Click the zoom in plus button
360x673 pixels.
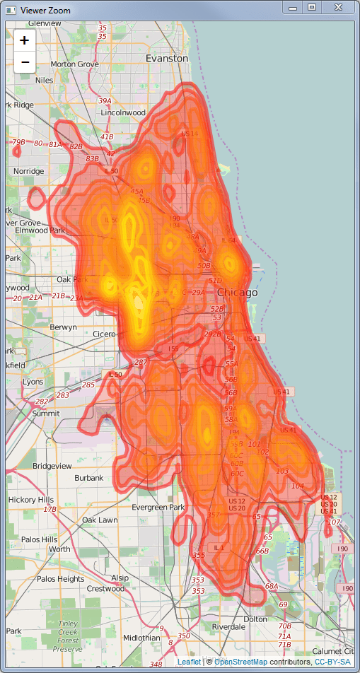(x=25, y=40)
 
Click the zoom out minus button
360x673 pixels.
(x=25, y=63)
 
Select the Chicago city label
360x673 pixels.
(x=238, y=292)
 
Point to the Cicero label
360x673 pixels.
(x=108, y=334)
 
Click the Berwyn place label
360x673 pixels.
(x=63, y=327)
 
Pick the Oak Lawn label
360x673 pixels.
(x=100, y=520)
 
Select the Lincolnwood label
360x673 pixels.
(x=123, y=112)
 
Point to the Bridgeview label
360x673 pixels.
(x=52, y=466)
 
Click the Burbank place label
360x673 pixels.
(x=88, y=478)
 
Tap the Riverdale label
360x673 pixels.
(x=228, y=626)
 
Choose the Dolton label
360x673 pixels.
(x=255, y=619)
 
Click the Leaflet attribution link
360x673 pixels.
(x=189, y=662)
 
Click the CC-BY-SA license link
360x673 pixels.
(x=332, y=662)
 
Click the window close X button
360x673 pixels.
(x=338, y=7)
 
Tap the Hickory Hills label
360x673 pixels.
(x=30, y=499)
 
